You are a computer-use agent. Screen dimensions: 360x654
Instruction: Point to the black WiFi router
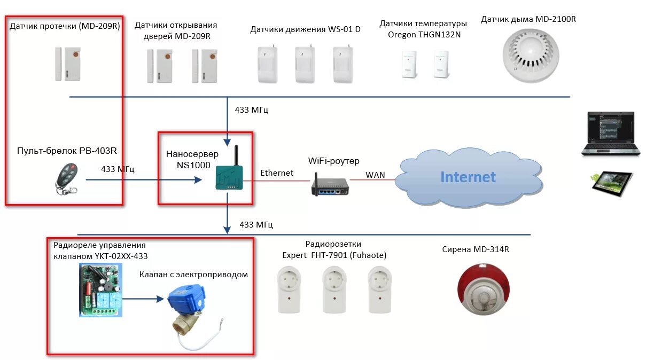pos(330,184)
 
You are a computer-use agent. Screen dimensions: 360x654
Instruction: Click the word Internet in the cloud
pos(468,177)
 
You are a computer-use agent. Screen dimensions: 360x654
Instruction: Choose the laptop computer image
pos(611,134)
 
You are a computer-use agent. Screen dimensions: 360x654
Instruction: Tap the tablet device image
pos(611,181)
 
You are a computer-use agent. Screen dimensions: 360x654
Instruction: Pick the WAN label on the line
pos(376,175)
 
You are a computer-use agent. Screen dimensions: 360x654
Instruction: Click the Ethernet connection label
pos(277,173)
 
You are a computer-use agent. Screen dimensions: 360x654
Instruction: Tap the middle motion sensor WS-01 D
pos(305,65)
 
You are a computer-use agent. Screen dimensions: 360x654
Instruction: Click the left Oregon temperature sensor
pos(409,65)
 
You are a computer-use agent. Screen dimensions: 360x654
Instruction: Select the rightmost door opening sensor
pos(205,66)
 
